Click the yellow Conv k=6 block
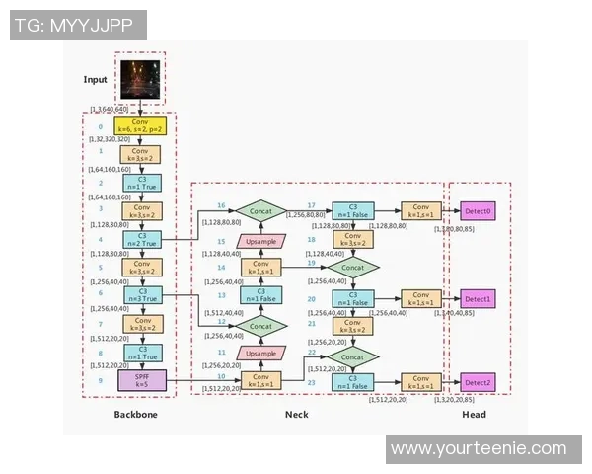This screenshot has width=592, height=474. [142, 127]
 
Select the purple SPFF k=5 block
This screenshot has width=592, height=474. [142, 379]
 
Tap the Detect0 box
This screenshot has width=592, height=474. [478, 212]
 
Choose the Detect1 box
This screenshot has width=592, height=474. [478, 297]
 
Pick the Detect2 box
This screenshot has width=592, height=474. [478, 382]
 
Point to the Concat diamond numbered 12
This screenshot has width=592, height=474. [260, 324]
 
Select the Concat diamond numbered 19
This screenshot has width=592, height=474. [353, 267]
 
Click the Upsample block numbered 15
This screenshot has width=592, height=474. [260, 240]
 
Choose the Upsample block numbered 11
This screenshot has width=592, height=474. [260, 353]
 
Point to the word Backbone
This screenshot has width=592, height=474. [135, 415]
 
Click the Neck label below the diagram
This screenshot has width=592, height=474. [296, 415]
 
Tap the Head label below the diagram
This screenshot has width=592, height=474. [474, 415]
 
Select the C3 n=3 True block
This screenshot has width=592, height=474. [142, 295]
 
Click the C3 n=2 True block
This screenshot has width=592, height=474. [142, 239]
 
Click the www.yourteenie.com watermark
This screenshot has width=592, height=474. [478, 448]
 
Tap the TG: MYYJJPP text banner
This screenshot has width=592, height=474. [78, 24]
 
